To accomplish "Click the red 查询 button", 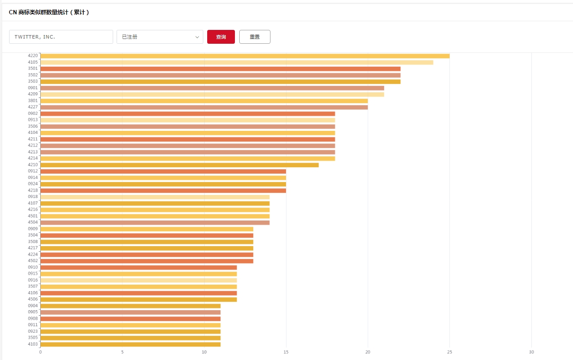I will pos(221,37).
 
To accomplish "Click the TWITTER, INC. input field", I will pos(61,37).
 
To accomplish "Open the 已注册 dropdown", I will pos(160,37).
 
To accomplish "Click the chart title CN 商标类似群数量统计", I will pos(49,13).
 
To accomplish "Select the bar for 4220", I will pos(245,56).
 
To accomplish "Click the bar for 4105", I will pos(237,62).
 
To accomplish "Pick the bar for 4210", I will pos(179,165).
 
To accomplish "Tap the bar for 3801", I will pos(204,101).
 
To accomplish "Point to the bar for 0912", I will pos(163,171).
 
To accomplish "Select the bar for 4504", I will pos(155,223).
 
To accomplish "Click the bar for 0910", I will pos(139,267).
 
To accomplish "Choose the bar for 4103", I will pos(130,344).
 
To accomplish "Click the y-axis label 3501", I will pos(33,68).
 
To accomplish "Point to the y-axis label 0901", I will pos(33,88).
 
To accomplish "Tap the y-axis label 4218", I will pos(33,191).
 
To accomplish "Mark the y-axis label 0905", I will pos(33,312).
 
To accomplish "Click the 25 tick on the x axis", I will pos(449,352).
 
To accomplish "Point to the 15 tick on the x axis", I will pos(286,352).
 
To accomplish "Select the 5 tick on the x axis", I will pos(122,352).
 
